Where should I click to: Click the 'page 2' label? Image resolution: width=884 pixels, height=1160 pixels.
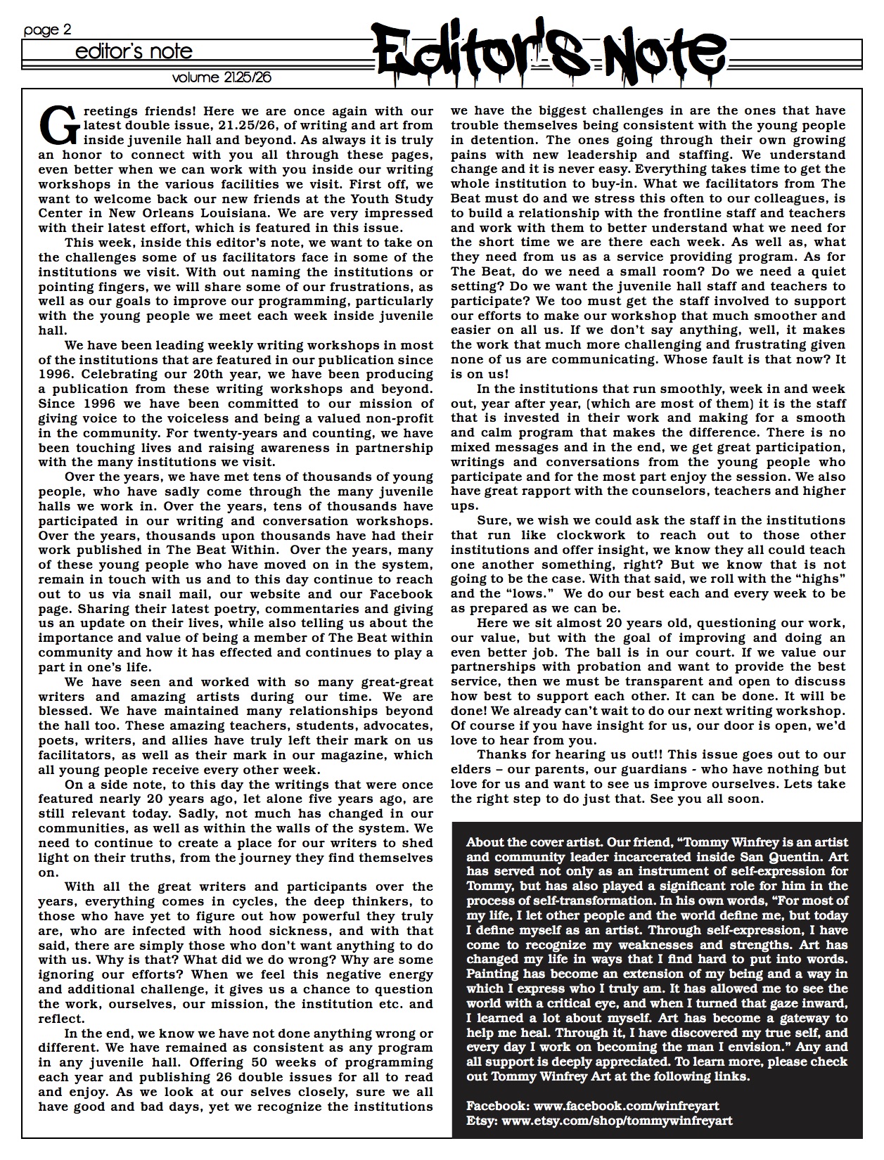[x=47, y=30]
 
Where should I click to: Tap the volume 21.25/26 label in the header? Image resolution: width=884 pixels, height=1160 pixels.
[x=222, y=77]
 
